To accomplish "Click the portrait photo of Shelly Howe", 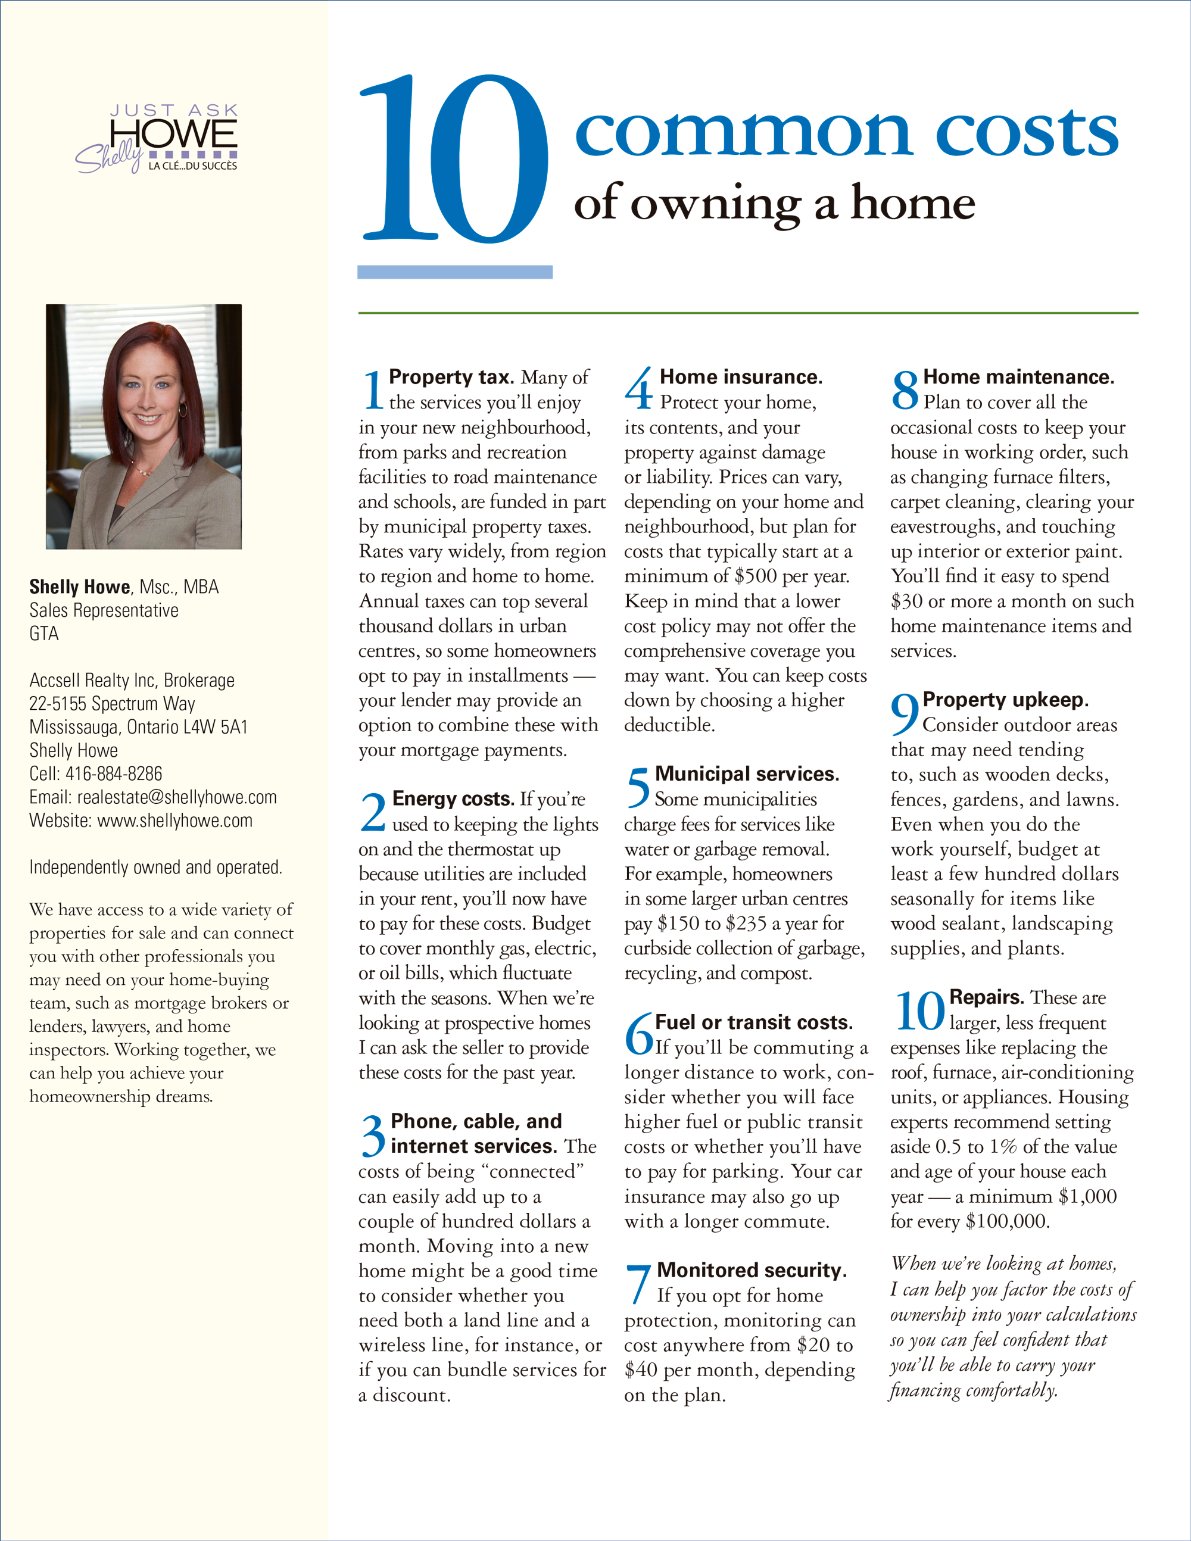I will [x=144, y=426].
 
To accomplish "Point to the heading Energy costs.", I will [x=453, y=798].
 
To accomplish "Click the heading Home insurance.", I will [x=741, y=378].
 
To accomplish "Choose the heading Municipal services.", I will [x=747, y=774].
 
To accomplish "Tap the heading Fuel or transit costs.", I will [x=753, y=1022].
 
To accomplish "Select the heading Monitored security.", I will [x=752, y=1270].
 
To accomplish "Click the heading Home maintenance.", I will [x=1018, y=378].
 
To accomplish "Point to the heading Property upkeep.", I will [x=1005, y=700].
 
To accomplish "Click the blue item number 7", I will [x=638, y=1283].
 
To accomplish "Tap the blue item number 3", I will [x=373, y=1136].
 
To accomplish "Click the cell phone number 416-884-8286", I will [x=114, y=774].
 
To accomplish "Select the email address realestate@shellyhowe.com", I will [x=176, y=797].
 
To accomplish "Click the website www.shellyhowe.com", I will [x=174, y=821].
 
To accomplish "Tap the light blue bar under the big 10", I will [x=455, y=272].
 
